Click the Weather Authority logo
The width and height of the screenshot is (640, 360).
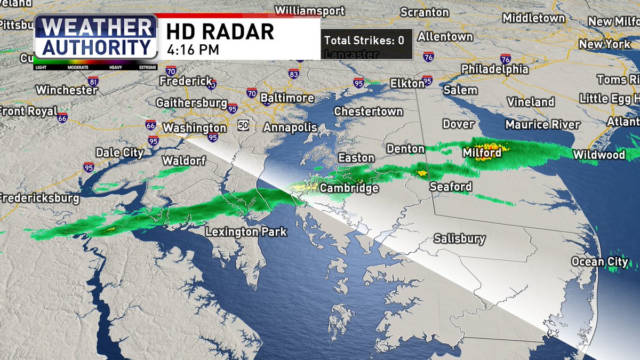[x=96, y=37]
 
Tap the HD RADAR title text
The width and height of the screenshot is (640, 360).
[x=220, y=32]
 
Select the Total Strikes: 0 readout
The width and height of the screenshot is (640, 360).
[x=364, y=40]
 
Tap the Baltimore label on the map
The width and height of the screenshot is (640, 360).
[x=287, y=98]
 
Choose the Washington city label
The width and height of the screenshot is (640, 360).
[x=195, y=128]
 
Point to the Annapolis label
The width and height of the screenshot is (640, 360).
[x=290, y=127]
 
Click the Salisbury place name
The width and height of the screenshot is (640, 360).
[x=459, y=238]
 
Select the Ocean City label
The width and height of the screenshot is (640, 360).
[x=596, y=261]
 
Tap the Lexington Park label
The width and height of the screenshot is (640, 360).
[x=246, y=232]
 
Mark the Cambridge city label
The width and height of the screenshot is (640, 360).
[x=349, y=188]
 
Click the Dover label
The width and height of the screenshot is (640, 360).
[x=458, y=124]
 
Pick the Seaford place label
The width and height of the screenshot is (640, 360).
[x=451, y=187]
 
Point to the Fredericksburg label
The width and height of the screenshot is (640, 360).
[x=38, y=198]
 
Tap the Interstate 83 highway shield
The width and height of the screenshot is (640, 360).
[x=293, y=74]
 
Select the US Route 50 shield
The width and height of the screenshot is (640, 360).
[x=244, y=125]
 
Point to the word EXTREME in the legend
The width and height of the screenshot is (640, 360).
[x=148, y=68]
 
